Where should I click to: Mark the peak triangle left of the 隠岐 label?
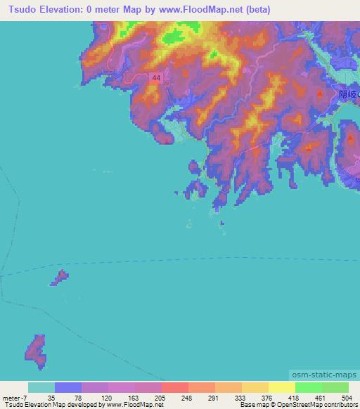321,93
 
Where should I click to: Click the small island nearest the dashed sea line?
59,278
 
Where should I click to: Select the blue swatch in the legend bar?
68,387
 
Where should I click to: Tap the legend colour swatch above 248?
175,387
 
